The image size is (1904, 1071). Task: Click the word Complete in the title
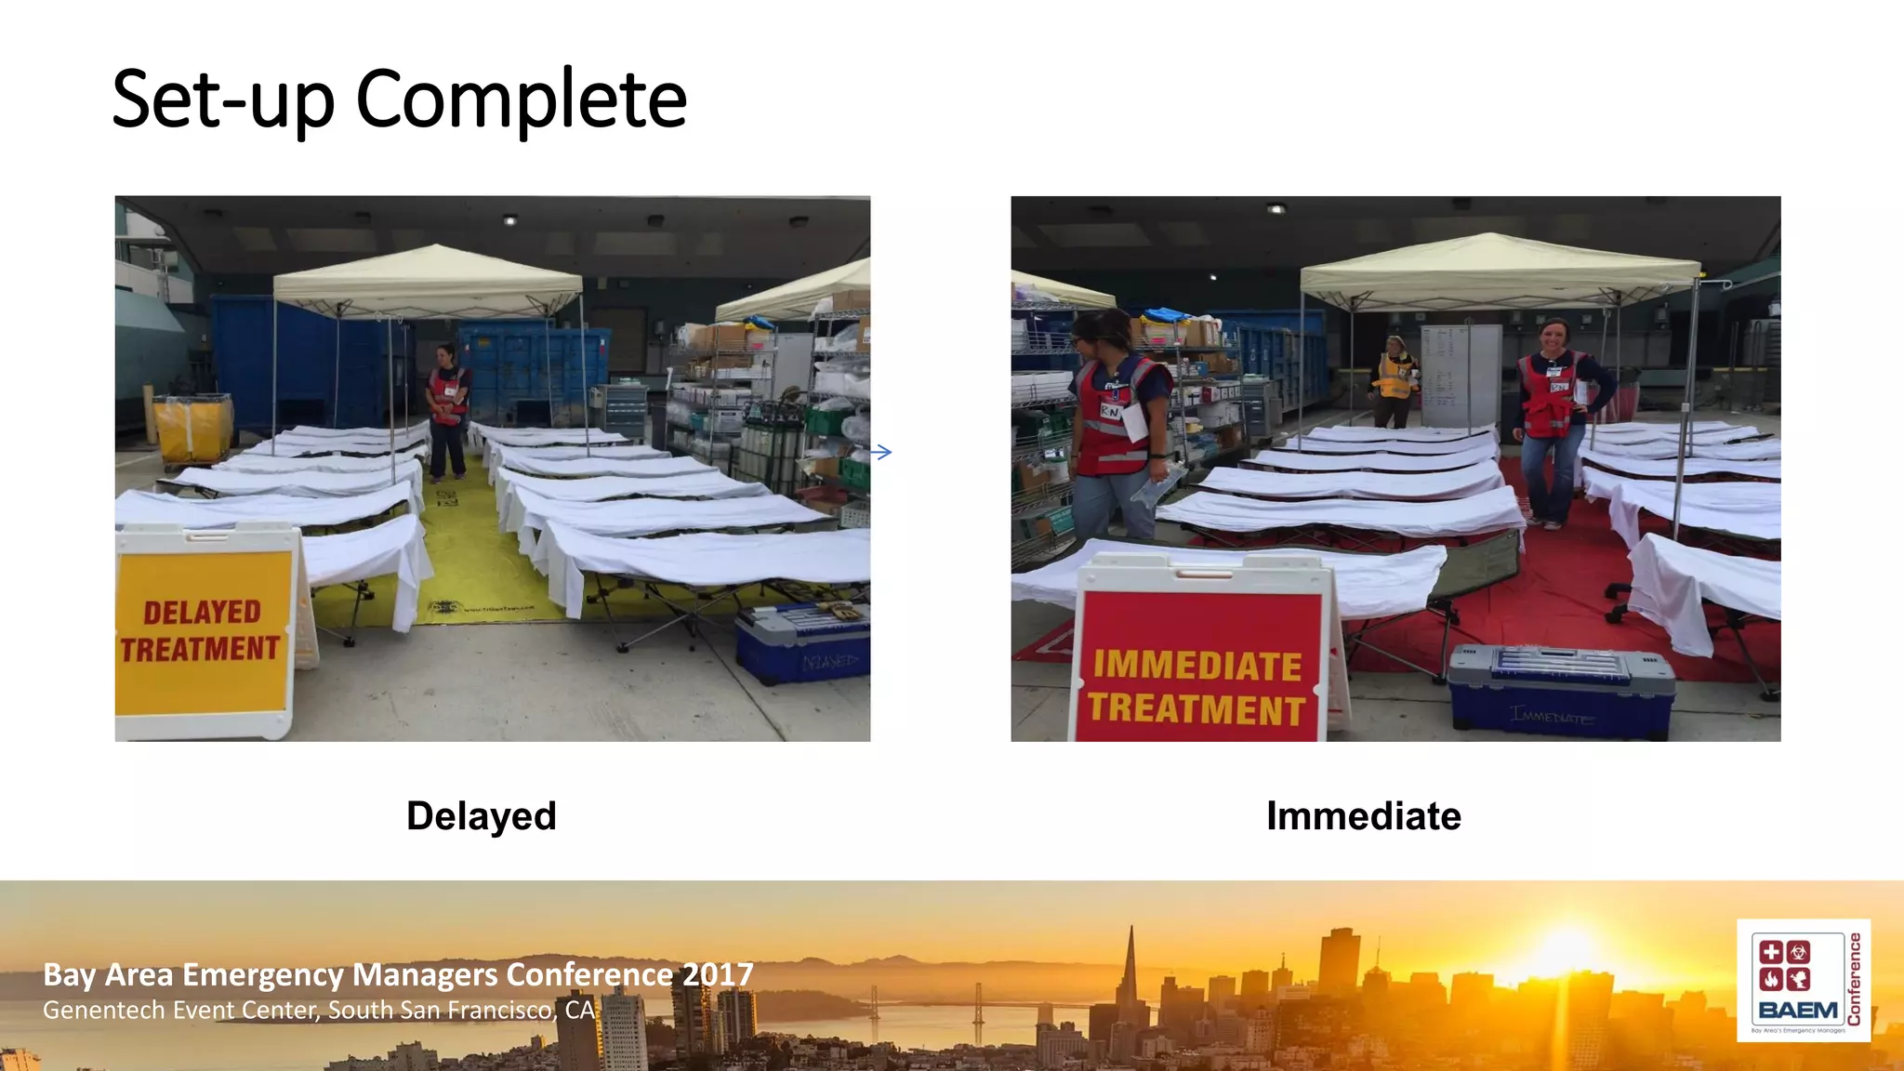click(521, 100)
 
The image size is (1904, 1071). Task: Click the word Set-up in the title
click(223, 100)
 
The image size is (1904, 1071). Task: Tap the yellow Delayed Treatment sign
click(203, 630)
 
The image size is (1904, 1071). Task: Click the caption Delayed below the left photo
click(481, 816)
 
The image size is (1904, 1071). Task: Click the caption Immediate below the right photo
click(1363, 816)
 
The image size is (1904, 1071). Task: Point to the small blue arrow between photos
click(881, 453)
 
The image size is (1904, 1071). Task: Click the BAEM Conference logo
click(1803, 980)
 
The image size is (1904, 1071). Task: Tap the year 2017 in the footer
click(717, 974)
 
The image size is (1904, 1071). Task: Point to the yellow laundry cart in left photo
click(192, 428)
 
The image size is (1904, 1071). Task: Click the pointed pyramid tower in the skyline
click(1130, 976)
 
